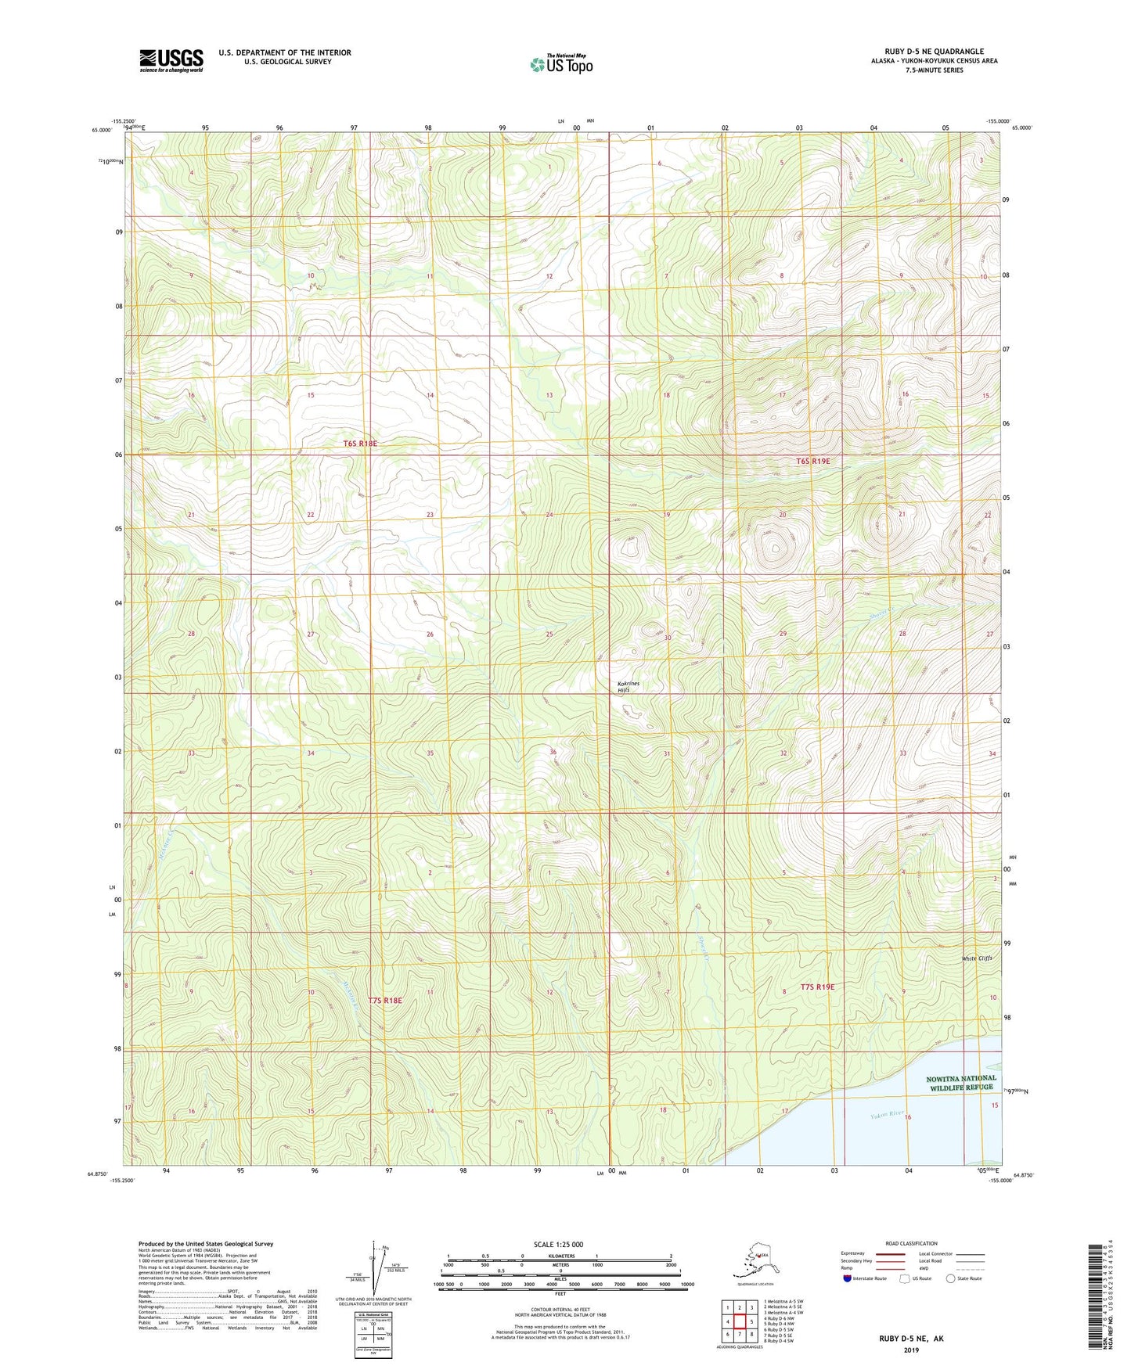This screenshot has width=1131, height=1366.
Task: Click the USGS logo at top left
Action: tap(171, 59)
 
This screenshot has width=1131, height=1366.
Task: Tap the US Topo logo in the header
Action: tap(560, 64)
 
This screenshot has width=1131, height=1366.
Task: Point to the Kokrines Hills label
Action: tap(628, 687)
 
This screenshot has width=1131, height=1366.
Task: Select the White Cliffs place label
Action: tap(976, 958)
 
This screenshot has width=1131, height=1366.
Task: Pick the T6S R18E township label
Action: tap(360, 444)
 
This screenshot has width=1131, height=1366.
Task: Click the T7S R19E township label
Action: tap(817, 987)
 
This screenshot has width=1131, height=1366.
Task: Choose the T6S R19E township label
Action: tap(812, 462)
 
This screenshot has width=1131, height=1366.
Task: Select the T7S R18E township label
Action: tap(384, 1001)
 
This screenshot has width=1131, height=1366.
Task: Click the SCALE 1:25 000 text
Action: tap(558, 1244)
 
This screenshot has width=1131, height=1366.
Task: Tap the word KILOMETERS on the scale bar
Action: tap(559, 1256)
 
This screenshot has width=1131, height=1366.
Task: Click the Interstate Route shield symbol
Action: tap(848, 1278)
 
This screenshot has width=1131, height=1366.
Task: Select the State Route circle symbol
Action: tap(950, 1278)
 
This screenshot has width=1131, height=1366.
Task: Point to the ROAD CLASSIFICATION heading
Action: tap(911, 1243)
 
